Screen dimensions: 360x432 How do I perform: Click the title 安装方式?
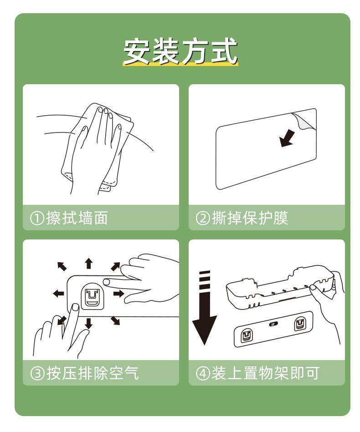[181, 51]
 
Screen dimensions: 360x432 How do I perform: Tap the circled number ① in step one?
[37, 219]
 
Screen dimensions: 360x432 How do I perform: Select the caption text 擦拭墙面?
[77, 218]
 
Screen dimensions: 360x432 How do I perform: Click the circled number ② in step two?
[203, 219]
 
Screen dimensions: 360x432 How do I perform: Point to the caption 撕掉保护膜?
[250, 218]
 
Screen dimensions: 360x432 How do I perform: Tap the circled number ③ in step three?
[37, 374]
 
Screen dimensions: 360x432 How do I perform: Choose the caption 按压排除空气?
[93, 373]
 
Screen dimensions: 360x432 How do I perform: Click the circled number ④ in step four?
[203, 374]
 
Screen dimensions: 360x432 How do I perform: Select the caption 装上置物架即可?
[265, 373]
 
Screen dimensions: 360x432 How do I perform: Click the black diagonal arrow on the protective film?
[287, 138]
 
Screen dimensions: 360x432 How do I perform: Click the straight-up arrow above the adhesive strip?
[88, 264]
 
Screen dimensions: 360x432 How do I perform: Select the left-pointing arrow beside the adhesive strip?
[58, 294]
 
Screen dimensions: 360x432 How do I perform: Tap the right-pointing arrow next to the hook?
[118, 294]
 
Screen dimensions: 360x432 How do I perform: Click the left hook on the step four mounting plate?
[247, 336]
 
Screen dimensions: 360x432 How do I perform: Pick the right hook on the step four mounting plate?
[299, 324]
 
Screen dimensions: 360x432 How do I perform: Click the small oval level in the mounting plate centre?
[273, 324]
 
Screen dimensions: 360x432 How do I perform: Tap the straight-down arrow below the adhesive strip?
[88, 323]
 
